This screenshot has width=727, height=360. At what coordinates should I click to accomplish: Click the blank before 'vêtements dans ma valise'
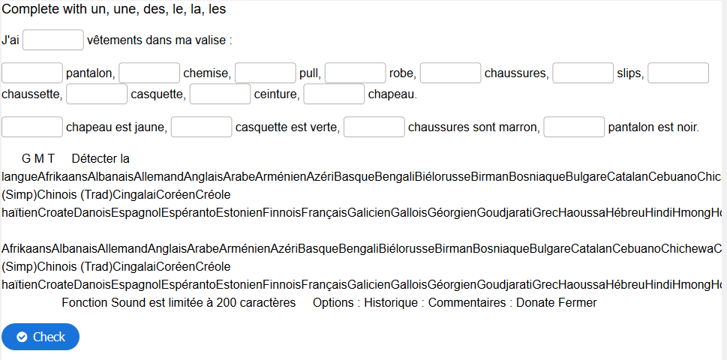53,40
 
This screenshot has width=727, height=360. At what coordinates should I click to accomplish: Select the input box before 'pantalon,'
32,73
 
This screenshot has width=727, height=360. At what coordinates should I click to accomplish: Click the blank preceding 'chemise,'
149,73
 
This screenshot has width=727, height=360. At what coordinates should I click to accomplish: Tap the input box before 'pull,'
265,73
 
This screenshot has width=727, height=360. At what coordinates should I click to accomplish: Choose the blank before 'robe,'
355,73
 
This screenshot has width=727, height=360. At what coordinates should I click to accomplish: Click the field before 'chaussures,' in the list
450,73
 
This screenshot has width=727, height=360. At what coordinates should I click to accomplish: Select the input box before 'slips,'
583,73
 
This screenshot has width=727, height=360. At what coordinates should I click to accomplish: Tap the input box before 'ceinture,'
221,94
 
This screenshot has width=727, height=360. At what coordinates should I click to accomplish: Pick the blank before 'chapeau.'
334,94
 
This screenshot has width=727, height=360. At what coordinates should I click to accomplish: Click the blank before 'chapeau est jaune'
32,127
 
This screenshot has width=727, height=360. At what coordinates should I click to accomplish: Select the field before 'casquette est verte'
201,127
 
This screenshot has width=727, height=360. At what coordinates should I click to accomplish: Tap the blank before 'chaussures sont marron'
374,127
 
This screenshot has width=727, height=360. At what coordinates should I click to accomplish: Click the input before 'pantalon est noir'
574,127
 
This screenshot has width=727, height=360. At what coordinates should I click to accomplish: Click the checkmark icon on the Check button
22,337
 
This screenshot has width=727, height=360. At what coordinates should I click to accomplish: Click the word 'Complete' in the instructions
30,10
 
